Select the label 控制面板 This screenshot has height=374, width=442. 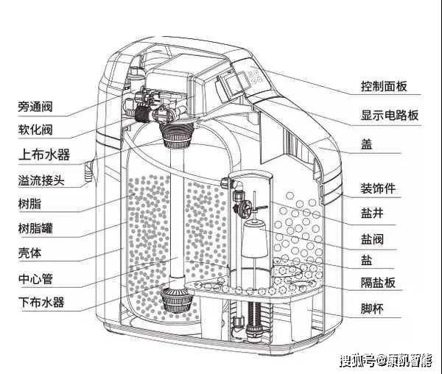pos(390,85)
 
